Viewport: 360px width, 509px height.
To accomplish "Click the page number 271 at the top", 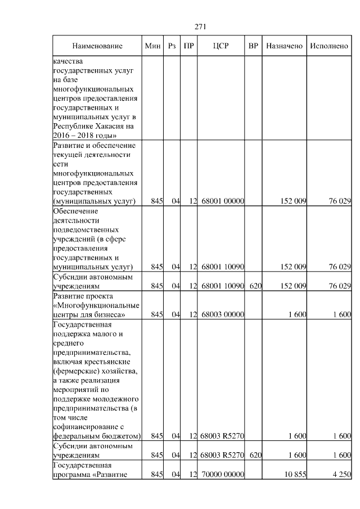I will (x=201, y=26).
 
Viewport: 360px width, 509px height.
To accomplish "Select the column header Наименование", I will (x=97, y=46).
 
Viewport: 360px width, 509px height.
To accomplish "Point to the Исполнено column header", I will (x=329, y=46).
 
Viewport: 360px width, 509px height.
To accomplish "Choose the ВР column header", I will (x=253, y=46).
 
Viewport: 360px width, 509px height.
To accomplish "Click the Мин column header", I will (x=152, y=46).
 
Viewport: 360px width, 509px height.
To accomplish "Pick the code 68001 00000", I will (x=222, y=201).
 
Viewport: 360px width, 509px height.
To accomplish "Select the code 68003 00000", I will (x=222, y=314).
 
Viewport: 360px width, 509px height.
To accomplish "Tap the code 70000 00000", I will (x=222, y=475).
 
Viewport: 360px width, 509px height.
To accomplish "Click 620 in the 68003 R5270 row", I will (x=255, y=455).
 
